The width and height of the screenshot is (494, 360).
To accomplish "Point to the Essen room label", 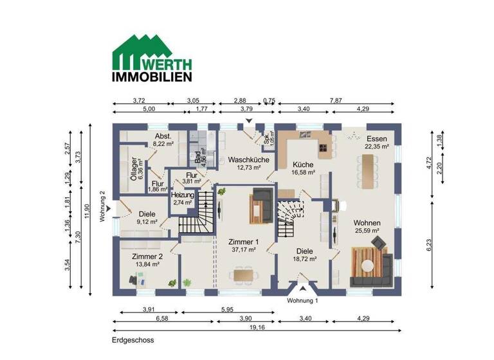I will [376, 142].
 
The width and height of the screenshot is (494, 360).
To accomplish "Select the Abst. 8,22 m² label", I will [163, 140].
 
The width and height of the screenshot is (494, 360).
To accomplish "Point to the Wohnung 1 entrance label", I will [302, 300].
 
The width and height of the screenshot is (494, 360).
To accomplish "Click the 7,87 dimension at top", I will [336, 100].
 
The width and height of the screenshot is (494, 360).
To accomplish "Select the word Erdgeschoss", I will [133, 340].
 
